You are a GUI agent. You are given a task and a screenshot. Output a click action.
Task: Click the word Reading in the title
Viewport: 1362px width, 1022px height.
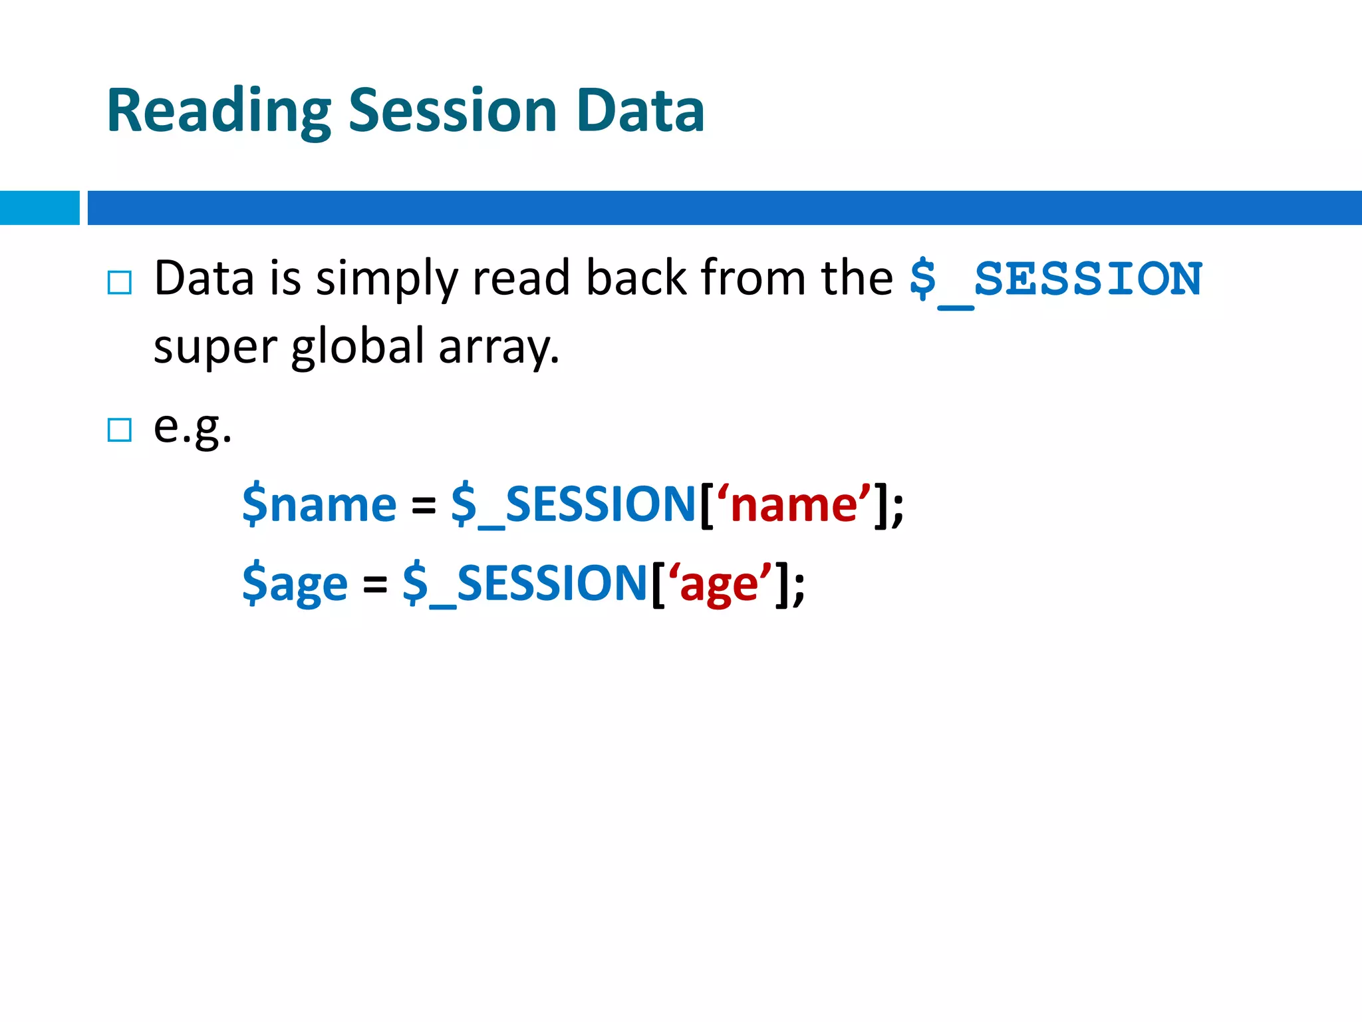point(218,112)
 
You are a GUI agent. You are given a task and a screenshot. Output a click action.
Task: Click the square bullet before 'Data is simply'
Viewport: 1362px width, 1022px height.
point(120,283)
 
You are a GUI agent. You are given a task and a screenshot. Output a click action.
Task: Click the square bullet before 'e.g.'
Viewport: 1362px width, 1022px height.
point(120,430)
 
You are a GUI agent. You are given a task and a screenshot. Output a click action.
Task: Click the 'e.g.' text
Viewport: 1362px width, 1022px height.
point(192,427)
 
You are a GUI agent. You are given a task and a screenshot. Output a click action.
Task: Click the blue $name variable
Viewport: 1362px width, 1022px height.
point(319,505)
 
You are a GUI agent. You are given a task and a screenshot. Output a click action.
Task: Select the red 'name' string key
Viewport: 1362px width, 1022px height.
point(793,505)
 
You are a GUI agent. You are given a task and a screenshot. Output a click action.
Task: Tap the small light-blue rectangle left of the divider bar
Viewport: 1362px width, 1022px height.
point(39,208)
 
